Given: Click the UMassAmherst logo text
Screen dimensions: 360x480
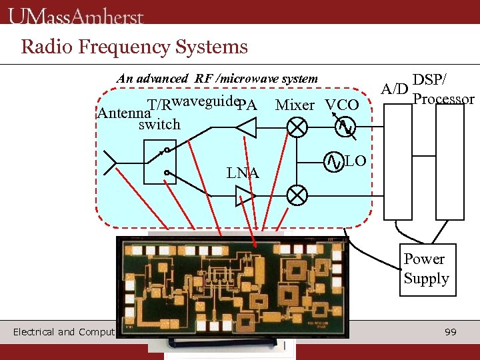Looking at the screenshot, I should point(76,15).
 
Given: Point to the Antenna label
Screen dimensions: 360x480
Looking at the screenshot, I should point(121,113).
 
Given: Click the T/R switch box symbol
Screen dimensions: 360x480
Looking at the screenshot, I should point(160,162).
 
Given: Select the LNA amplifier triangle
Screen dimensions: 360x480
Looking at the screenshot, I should point(244,195).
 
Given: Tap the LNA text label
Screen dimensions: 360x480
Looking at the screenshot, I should point(243,173).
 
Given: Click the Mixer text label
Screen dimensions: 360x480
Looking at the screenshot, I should point(295,105).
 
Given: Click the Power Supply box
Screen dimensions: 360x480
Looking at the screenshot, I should point(426,269).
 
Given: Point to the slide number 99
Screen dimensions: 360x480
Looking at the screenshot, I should point(451,331).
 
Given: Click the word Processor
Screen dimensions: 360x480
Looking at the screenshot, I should point(443,99).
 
